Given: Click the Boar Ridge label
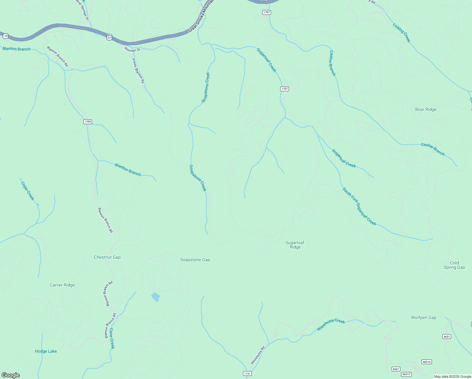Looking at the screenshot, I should pyautogui.click(x=426, y=110).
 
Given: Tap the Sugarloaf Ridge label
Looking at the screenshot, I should pyautogui.click(x=295, y=245).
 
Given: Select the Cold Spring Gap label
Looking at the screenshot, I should pyautogui.click(x=454, y=265).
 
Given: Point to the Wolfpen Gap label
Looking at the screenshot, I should pyautogui.click(x=423, y=317).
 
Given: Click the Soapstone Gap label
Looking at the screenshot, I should pyautogui.click(x=195, y=260).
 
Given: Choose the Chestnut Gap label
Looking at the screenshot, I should pyautogui.click(x=107, y=257).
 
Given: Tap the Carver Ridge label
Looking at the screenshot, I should pyautogui.click(x=62, y=285).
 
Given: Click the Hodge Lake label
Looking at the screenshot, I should pyautogui.click(x=46, y=351).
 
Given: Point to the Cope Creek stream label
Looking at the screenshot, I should pyautogui.click(x=27, y=191).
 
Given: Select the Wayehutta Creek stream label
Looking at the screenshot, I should pyautogui.click(x=331, y=325).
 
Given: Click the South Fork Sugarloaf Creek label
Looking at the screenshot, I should pyautogui.click(x=359, y=207).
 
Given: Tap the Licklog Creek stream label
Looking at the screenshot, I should pyautogui.click(x=402, y=33).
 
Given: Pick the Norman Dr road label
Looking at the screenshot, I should pyautogui.click(x=132, y=50).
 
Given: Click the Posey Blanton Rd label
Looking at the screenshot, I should pyautogui.click(x=138, y=71).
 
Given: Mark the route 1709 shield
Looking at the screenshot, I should pyautogui.click(x=88, y=122).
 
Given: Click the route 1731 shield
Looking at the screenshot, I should pyautogui.click(x=247, y=374).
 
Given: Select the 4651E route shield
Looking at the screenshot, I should pyautogui.click(x=427, y=362).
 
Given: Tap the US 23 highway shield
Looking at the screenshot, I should pyautogui.click(x=109, y=38).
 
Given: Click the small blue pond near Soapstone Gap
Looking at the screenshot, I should pyautogui.click(x=156, y=297).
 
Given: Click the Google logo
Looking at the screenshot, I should pyautogui.click(x=11, y=375).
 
